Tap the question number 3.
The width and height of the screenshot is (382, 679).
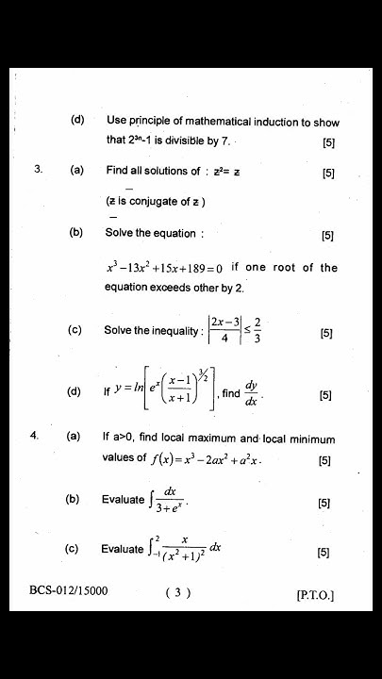[x=38, y=171]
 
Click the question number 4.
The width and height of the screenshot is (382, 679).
[x=34, y=437]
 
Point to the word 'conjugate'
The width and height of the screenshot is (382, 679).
[x=158, y=202]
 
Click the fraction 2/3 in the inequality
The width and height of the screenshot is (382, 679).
[x=257, y=330]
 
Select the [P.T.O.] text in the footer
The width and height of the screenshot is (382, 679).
[x=315, y=595]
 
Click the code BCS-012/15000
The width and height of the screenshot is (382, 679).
[x=69, y=591]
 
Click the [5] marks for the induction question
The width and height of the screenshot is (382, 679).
[x=328, y=143]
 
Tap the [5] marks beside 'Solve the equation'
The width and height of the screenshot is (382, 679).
[x=327, y=236]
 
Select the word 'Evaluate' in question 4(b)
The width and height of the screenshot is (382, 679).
[x=124, y=500]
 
